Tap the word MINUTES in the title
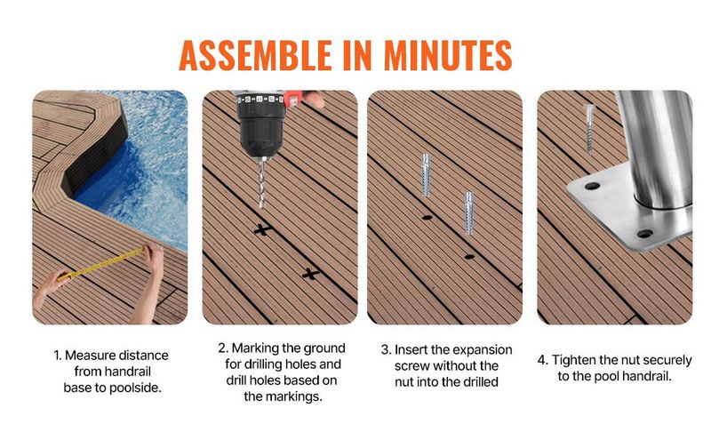pos(448,55)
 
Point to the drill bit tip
pos(261,207)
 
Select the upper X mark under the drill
pos(262,229)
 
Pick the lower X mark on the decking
pos(310,274)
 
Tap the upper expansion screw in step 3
pos(426,174)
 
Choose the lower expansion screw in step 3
pos(469,212)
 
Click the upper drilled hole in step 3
pos(427,218)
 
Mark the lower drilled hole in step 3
pos(469,257)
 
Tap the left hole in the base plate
pos(592,186)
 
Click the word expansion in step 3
pos(483,350)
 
